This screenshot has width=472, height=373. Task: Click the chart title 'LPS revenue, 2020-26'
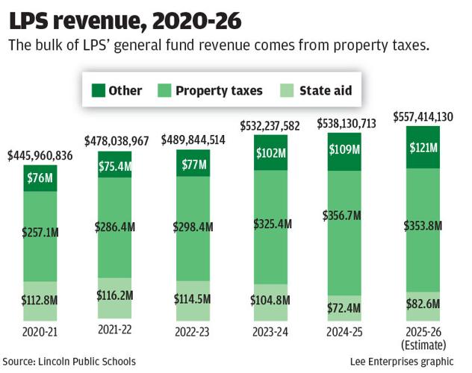(x=110, y=20)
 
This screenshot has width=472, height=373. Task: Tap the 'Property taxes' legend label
(x=219, y=91)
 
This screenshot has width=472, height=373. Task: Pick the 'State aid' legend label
(x=325, y=91)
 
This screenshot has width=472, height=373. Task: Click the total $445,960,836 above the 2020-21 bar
(x=40, y=156)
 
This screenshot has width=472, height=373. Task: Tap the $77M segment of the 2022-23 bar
(x=193, y=163)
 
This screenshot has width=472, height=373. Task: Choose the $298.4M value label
(x=193, y=226)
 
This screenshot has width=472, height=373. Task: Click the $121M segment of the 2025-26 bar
(x=423, y=147)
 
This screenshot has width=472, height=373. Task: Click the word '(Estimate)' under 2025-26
(x=423, y=345)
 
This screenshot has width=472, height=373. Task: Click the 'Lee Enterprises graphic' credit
(x=406, y=361)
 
